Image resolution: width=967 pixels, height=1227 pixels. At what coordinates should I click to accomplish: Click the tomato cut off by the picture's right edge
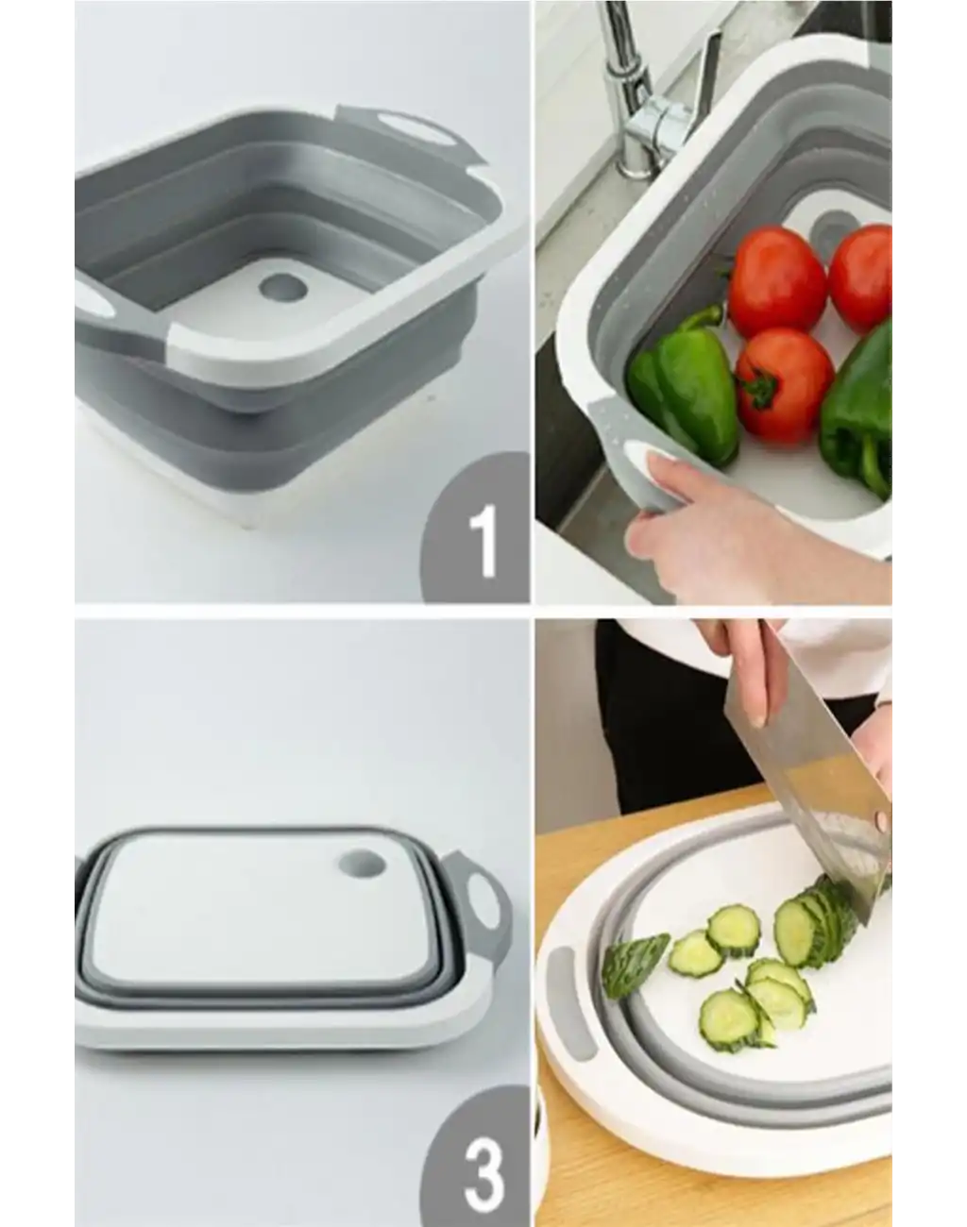[860, 278]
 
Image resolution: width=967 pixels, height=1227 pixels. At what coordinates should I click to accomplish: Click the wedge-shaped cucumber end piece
[634, 964]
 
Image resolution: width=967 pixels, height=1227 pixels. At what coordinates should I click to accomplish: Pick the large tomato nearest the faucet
[776, 281]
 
